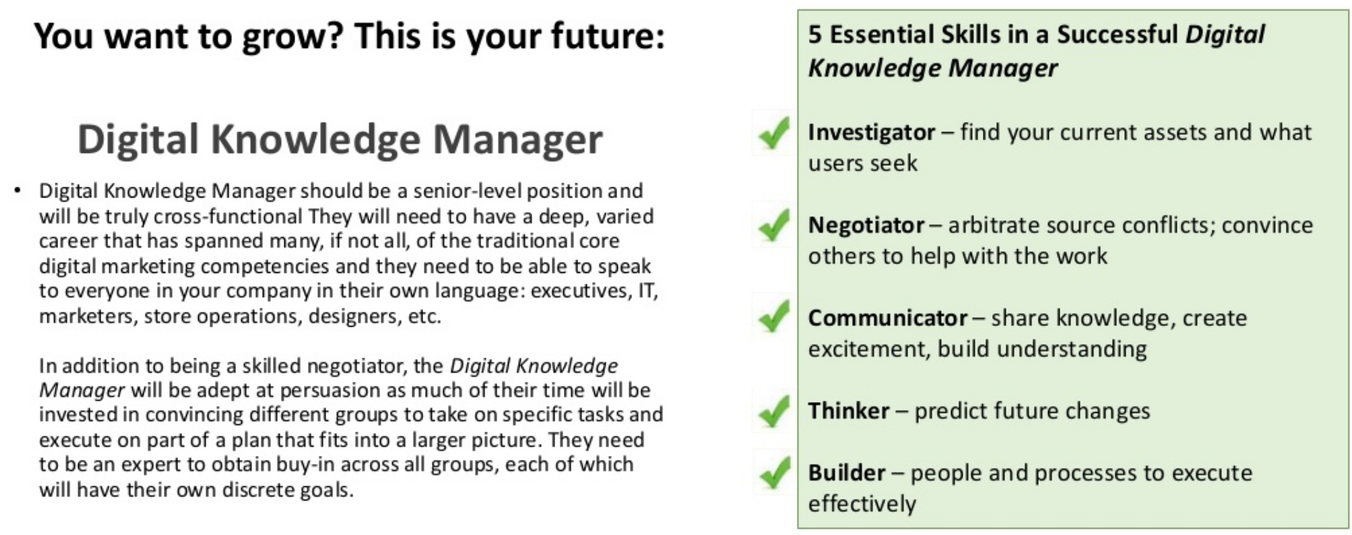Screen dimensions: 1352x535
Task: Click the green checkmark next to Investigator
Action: pyautogui.click(x=774, y=133)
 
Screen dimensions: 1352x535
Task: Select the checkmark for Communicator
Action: pyautogui.click(x=774, y=317)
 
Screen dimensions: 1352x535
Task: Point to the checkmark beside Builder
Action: pyautogui.click(x=774, y=473)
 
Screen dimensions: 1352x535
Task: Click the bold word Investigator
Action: pyautogui.click(x=871, y=132)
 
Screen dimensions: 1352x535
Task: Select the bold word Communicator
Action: pyautogui.click(x=887, y=317)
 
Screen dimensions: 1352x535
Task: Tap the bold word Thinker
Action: pyautogui.click(x=848, y=411)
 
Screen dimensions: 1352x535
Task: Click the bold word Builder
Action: pyautogui.click(x=846, y=473)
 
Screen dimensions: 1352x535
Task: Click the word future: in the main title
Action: pyautogui.click(x=608, y=36)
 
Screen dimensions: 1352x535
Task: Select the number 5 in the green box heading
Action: pyautogui.click(x=815, y=34)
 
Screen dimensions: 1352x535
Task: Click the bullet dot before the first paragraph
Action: pyautogui.click(x=17, y=190)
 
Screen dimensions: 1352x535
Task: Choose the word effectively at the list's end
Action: pyautogui.click(x=862, y=503)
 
